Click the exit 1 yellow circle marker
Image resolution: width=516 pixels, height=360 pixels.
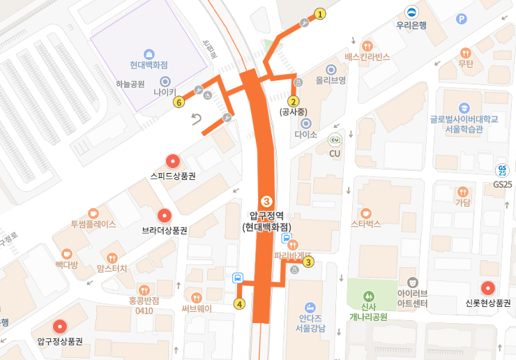(320, 13)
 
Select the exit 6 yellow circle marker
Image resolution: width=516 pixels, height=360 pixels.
(179, 103)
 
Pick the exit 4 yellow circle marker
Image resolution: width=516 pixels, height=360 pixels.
(240, 303)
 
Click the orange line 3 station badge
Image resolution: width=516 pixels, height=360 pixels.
(266, 202)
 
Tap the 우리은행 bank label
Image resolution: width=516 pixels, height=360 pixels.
(411, 25)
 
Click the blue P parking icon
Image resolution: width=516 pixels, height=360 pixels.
(460, 19)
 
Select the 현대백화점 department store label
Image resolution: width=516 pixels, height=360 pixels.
(149, 65)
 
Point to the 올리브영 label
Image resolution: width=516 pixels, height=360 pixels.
(331, 80)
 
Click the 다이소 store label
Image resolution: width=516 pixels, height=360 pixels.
(305, 134)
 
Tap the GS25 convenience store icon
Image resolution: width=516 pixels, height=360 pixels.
(502, 170)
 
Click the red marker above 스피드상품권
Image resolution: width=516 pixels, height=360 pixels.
(172, 162)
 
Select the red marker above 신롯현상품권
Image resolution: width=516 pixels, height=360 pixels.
(487, 287)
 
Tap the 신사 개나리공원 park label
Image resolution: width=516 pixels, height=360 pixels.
(369, 311)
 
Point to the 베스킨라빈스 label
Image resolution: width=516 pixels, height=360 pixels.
(367, 57)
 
